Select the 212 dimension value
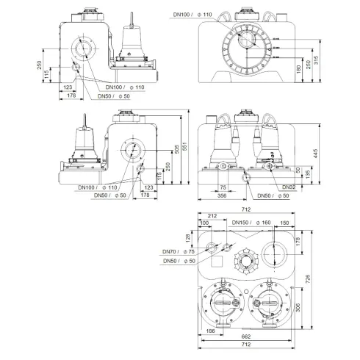coord(212,216)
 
